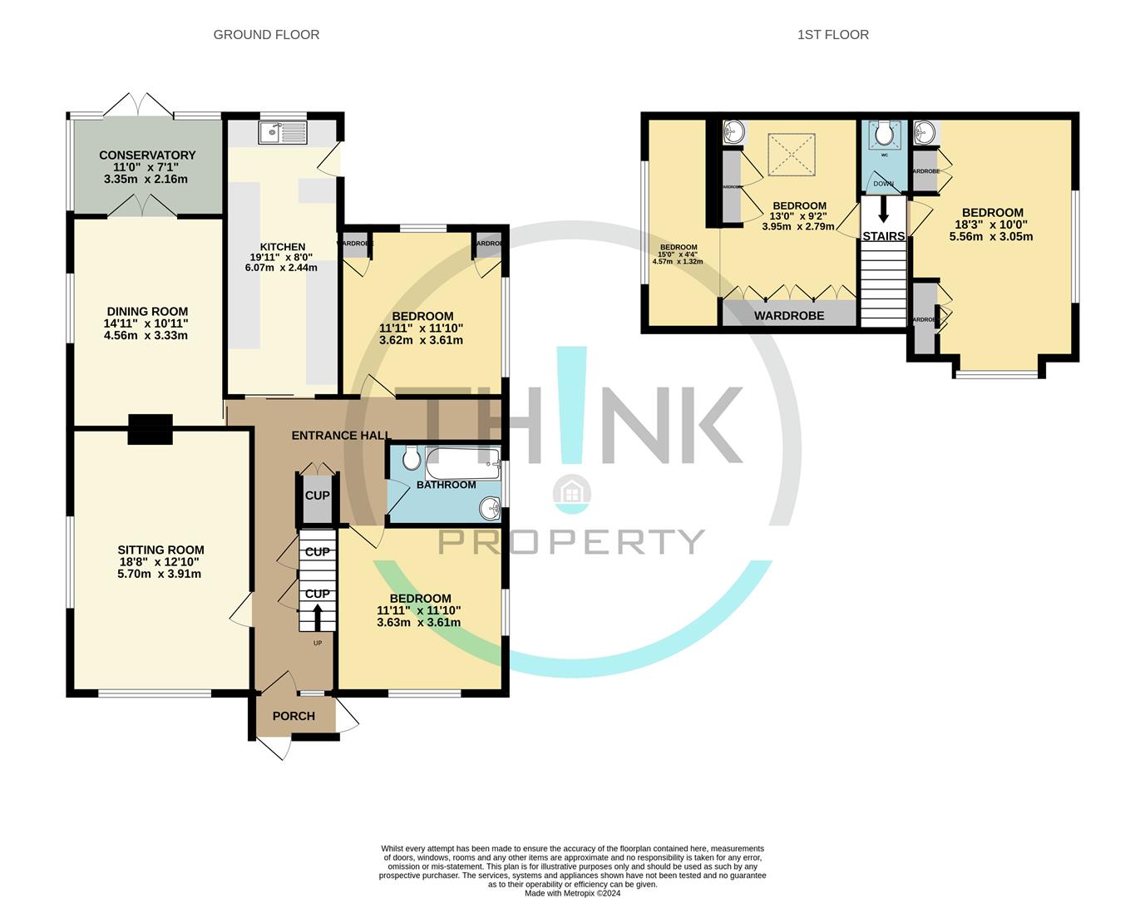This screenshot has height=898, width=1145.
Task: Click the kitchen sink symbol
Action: [282, 131]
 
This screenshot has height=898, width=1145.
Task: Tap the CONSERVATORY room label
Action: [147, 155]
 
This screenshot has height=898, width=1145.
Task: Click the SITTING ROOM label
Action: [160, 550]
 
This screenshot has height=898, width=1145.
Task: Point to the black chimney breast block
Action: [151, 429]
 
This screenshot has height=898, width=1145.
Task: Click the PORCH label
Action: [294, 716]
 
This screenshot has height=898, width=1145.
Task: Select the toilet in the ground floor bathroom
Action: [411, 458]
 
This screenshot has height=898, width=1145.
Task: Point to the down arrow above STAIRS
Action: [883, 209]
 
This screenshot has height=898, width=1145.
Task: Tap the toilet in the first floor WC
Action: [884, 133]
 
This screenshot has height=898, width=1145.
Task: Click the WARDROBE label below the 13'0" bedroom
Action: [789, 316]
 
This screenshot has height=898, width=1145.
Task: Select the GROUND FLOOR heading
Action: [266, 35]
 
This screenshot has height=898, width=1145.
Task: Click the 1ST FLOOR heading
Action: [832, 35]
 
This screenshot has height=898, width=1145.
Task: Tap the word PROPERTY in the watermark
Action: [571, 541]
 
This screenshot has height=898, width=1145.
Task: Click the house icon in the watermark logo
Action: [572, 492]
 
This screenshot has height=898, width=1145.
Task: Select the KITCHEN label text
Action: [283, 247]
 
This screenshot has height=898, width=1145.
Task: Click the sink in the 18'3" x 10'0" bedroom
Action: [924, 131]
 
